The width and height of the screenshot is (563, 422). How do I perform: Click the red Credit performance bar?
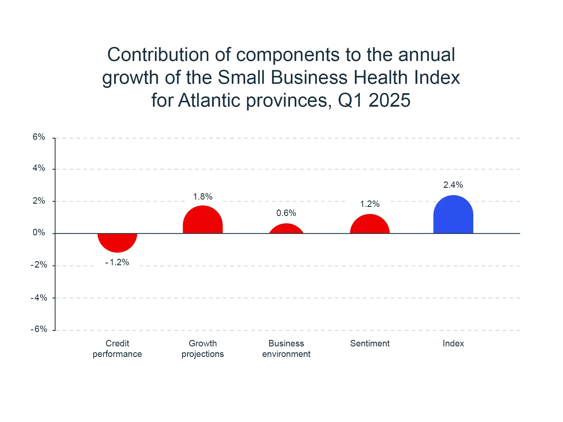click(117, 242)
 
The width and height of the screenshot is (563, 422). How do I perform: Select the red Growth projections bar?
click(203, 220)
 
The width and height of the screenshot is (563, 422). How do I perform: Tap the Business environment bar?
click(286, 229)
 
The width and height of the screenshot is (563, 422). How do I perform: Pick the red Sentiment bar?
click(370, 224)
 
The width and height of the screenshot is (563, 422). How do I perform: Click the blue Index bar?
click(453, 215)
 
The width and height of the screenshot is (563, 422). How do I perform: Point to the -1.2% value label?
click(117, 262)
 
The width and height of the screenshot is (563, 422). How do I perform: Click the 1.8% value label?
click(203, 197)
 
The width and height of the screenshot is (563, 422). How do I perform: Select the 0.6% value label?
click(286, 213)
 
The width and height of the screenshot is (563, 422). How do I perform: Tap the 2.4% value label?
click(453, 185)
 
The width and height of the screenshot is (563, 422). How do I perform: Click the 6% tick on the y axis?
click(39, 137)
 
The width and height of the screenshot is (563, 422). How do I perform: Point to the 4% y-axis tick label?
click(39, 168)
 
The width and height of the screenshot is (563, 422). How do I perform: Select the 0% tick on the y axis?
click(39, 233)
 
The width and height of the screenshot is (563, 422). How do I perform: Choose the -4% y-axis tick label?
click(39, 298)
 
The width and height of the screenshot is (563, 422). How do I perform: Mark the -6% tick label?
click(39, 329)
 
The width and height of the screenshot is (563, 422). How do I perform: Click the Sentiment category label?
click(370, 343)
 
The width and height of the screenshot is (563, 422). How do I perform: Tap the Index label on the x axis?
click(453, 343)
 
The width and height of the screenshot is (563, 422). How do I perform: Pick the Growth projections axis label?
click(203, 349)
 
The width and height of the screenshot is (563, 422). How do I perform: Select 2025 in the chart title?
click(389, 100)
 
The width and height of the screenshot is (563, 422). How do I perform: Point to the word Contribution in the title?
click(159, 55)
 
